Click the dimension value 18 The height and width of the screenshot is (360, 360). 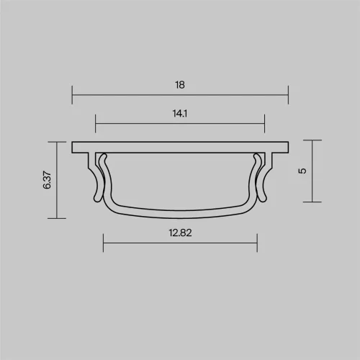click(x=180, y=85)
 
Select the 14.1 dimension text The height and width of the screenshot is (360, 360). click(x=180, y=114)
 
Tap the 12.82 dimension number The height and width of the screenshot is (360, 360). click(x=180, y=233)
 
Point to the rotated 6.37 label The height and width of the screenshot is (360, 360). click(x=47, y=180)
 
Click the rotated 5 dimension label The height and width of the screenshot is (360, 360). click(x=302, y=171)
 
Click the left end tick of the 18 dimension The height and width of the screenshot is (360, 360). click(x=72, y=95)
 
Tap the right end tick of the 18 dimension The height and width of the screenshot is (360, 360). click(x=288, y=94)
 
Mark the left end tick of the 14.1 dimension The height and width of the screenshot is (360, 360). click(x=95, y=124)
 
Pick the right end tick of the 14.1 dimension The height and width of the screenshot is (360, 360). click(x=264, y=124)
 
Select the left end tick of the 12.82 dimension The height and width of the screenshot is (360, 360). click(x=103, y=243)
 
